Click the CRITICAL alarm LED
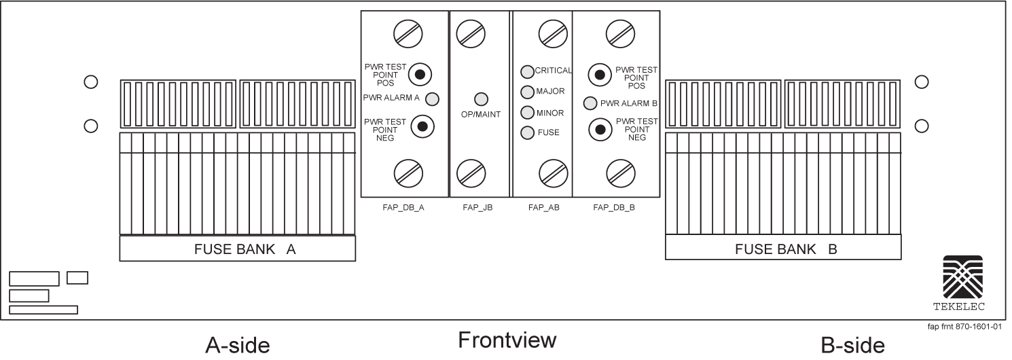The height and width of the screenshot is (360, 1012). pos(527,71)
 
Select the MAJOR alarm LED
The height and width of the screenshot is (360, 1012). pos(527,92)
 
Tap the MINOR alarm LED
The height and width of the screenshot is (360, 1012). pos(527,112)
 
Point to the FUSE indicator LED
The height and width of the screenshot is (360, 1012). pos(527,132)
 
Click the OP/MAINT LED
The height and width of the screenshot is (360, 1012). pos(480,98)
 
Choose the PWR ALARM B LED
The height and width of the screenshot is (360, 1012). pos(591,103)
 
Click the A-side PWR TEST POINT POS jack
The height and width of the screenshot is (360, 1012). pos(420,74)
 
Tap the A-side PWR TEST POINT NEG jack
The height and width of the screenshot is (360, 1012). pos(422,126)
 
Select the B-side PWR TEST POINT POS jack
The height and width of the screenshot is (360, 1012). pos(600,74)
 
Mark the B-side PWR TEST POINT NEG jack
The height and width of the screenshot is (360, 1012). pos(600,129)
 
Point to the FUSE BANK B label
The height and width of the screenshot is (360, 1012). pos(785,249)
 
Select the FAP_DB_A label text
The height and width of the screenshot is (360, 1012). pos(403,208)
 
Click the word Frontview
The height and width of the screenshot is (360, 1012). pos(507,340)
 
